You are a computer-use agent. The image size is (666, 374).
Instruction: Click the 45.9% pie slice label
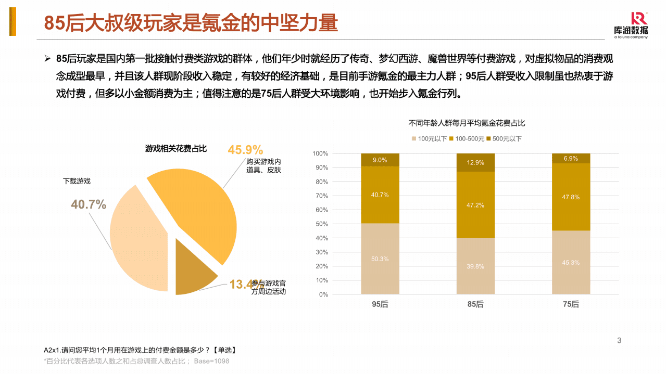pos(245,150)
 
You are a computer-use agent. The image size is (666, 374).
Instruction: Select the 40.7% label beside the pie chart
pos(89,204)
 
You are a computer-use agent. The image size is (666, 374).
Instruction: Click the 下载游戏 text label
pos(77,181)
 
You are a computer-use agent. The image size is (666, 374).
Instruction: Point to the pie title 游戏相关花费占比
pos(175,149)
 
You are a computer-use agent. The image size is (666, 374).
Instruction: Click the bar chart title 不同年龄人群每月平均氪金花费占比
pos(467,123)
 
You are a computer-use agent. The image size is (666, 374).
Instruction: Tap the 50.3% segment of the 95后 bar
pos(380,259)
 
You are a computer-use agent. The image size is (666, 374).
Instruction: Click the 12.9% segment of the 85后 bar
pos(475,163)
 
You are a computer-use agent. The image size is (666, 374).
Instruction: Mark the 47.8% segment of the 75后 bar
pos(571,197)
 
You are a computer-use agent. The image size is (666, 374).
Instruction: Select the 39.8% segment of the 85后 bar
pos(475,266)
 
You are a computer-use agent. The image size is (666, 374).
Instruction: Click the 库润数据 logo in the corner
pos(631,25)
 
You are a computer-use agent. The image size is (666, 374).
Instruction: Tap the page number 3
pos(619,341)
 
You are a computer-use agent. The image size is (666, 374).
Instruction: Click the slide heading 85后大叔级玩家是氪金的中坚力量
pos(191,23)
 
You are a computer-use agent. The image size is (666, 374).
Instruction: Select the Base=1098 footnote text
pos(211,361)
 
